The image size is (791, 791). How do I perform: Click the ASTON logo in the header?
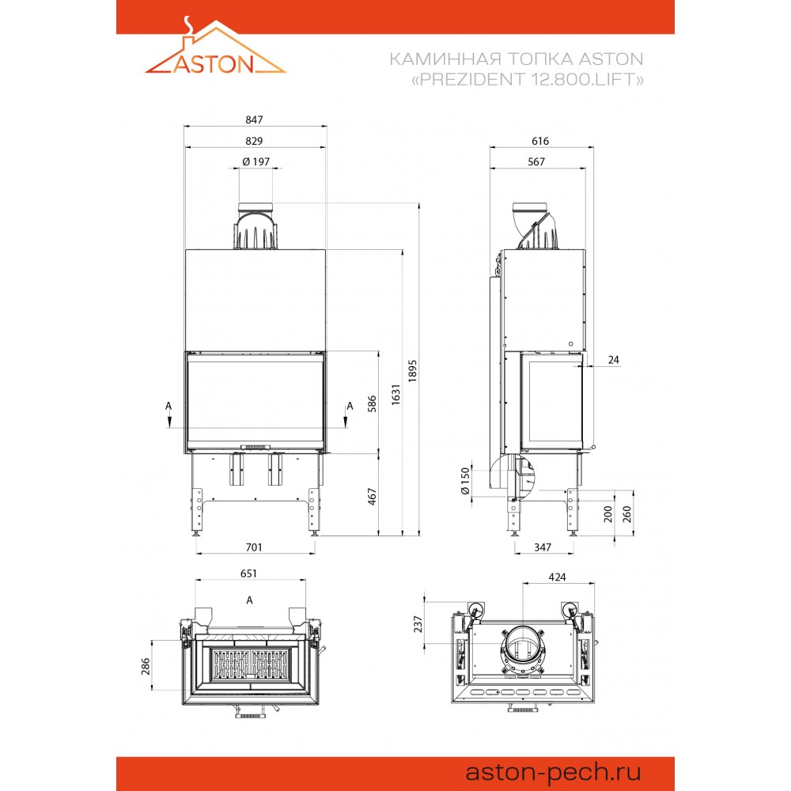[x=215, y=46]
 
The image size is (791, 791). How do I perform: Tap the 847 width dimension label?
[x=254, y=119]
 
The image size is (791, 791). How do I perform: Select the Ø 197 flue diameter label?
[x=255, y=161]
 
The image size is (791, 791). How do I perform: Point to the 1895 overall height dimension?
[x=413, y=370]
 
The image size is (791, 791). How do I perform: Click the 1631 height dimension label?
[x=395, y=394]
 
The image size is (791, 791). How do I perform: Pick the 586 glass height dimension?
[x=372, y=403]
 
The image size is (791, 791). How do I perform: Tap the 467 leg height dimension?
[x=372, y=497]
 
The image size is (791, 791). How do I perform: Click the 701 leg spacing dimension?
[x=254, y=547]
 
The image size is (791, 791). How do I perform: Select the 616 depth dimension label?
[x=540, y=141]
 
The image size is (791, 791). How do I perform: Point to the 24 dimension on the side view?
[x=614, y=360]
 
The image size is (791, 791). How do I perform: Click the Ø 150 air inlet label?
[x=464, y=481]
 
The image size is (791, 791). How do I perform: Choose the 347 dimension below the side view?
[x=543, y=547]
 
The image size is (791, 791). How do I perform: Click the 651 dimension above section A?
[x=248, y=573]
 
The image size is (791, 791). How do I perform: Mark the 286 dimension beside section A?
[x=146, y=666]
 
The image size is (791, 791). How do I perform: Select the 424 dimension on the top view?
[x=557, y=577]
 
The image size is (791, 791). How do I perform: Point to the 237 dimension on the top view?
[x=418, y=624]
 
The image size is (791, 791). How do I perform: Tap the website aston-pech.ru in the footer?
[x=553, y=772]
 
